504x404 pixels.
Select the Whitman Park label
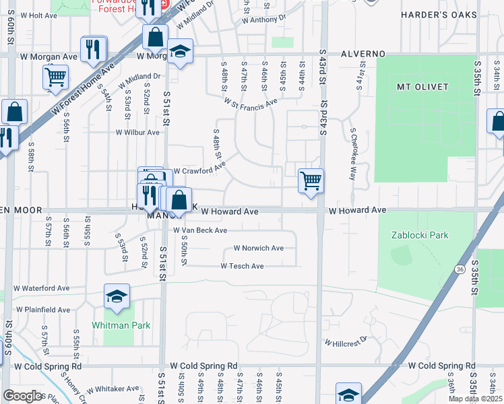tap(121, 325)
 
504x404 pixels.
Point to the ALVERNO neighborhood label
tap(363, 53)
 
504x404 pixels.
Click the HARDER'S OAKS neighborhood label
tap(439, 14)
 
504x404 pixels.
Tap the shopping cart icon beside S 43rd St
tap(311, 180)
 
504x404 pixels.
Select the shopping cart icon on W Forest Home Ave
tap(55, 76)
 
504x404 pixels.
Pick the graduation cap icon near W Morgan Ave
tap(180, 52)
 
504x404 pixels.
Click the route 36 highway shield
tap(460, 269)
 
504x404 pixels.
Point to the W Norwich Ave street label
tap(258, 248)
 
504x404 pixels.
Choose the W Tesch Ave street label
tap(242, 266)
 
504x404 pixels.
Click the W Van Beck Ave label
tap(205, 230)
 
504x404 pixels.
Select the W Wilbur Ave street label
tap(137, 133)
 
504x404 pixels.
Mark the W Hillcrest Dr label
tap(346, 341)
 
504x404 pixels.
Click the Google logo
tap(22, 395)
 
